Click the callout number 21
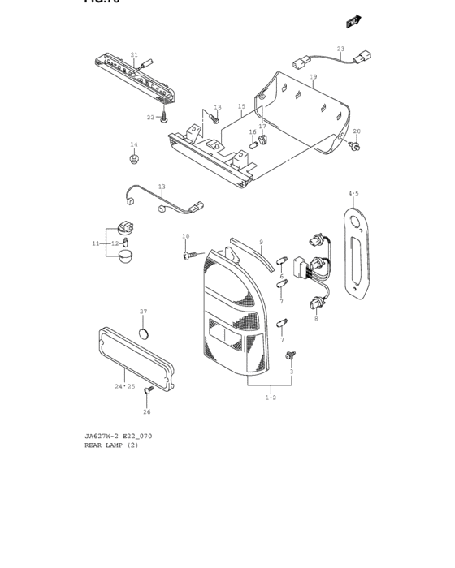pyautogui.click(x=134, y=54)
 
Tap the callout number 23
pyautogui.click(x=340, y=49)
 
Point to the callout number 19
pyautogui.click(x=313, y=77)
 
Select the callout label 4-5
pyautogui.click(x=353, y=193)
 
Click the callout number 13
pyautogui.click(x=162, y=187)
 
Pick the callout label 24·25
pyautogui.click(x=124, y=386)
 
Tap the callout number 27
pyautogui.click(x=143, y=312)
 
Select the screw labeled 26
pyautogui.click(x=149, y=392)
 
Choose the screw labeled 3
pyautogui.click(x=291, y=356)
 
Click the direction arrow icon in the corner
pyautogui.click(x=353, y=21)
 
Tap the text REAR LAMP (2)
pyautogui.click(x=111, y=445)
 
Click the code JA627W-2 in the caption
pyautogui.click(x=102, y=436)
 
